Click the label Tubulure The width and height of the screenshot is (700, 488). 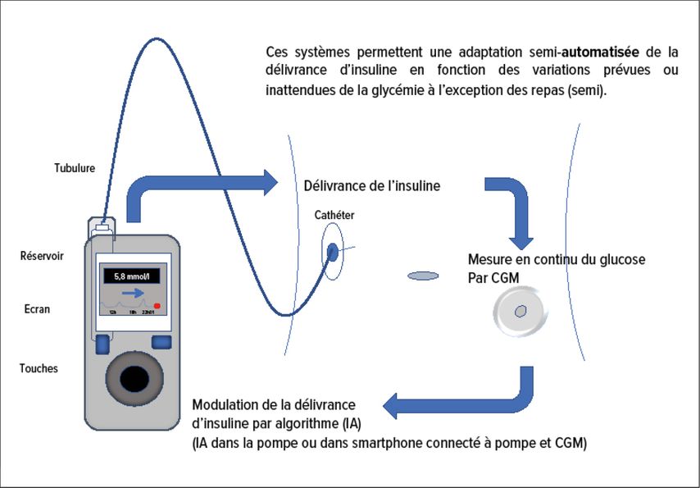(69, 168)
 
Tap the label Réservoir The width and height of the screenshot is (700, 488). (42, 256)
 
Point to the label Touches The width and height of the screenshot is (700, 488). (39, 368)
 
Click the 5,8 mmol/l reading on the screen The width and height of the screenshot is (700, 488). (133, 276)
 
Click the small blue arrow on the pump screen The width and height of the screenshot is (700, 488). (130, 292)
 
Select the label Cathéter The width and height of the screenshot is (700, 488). (334, 215)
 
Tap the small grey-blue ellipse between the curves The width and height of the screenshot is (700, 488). (423, 276)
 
